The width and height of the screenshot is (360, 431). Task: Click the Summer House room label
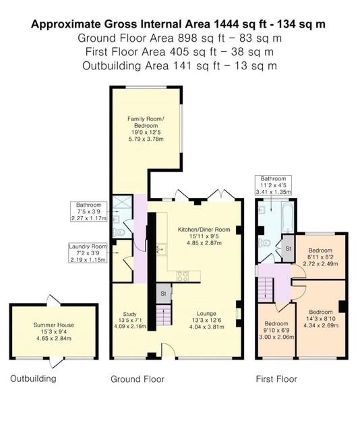[54, 331]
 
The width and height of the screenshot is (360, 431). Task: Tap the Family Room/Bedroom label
[146, 129]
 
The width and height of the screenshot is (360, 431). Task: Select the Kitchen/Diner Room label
[204, 236]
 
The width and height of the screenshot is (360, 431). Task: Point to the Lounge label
[206, 320]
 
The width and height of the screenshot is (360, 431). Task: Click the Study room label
[129, 321]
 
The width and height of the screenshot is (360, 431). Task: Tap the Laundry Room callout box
[88, 253]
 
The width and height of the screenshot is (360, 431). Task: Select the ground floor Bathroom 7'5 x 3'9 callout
[88, 211]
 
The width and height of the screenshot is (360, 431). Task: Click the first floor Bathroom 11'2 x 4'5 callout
[273, 185]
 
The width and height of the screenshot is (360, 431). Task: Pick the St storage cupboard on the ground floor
[164, 294]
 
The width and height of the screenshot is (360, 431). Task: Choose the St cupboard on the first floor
[288, 248]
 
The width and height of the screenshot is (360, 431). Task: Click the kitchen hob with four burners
[183, 275]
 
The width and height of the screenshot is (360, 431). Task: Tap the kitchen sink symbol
[161, 249]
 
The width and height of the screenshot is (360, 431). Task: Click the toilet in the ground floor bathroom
[119, 232]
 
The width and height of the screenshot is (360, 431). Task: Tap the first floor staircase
[265, 290]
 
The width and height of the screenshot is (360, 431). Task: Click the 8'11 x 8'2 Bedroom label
[320, 257]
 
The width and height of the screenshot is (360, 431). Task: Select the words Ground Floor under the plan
[138, 379]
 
